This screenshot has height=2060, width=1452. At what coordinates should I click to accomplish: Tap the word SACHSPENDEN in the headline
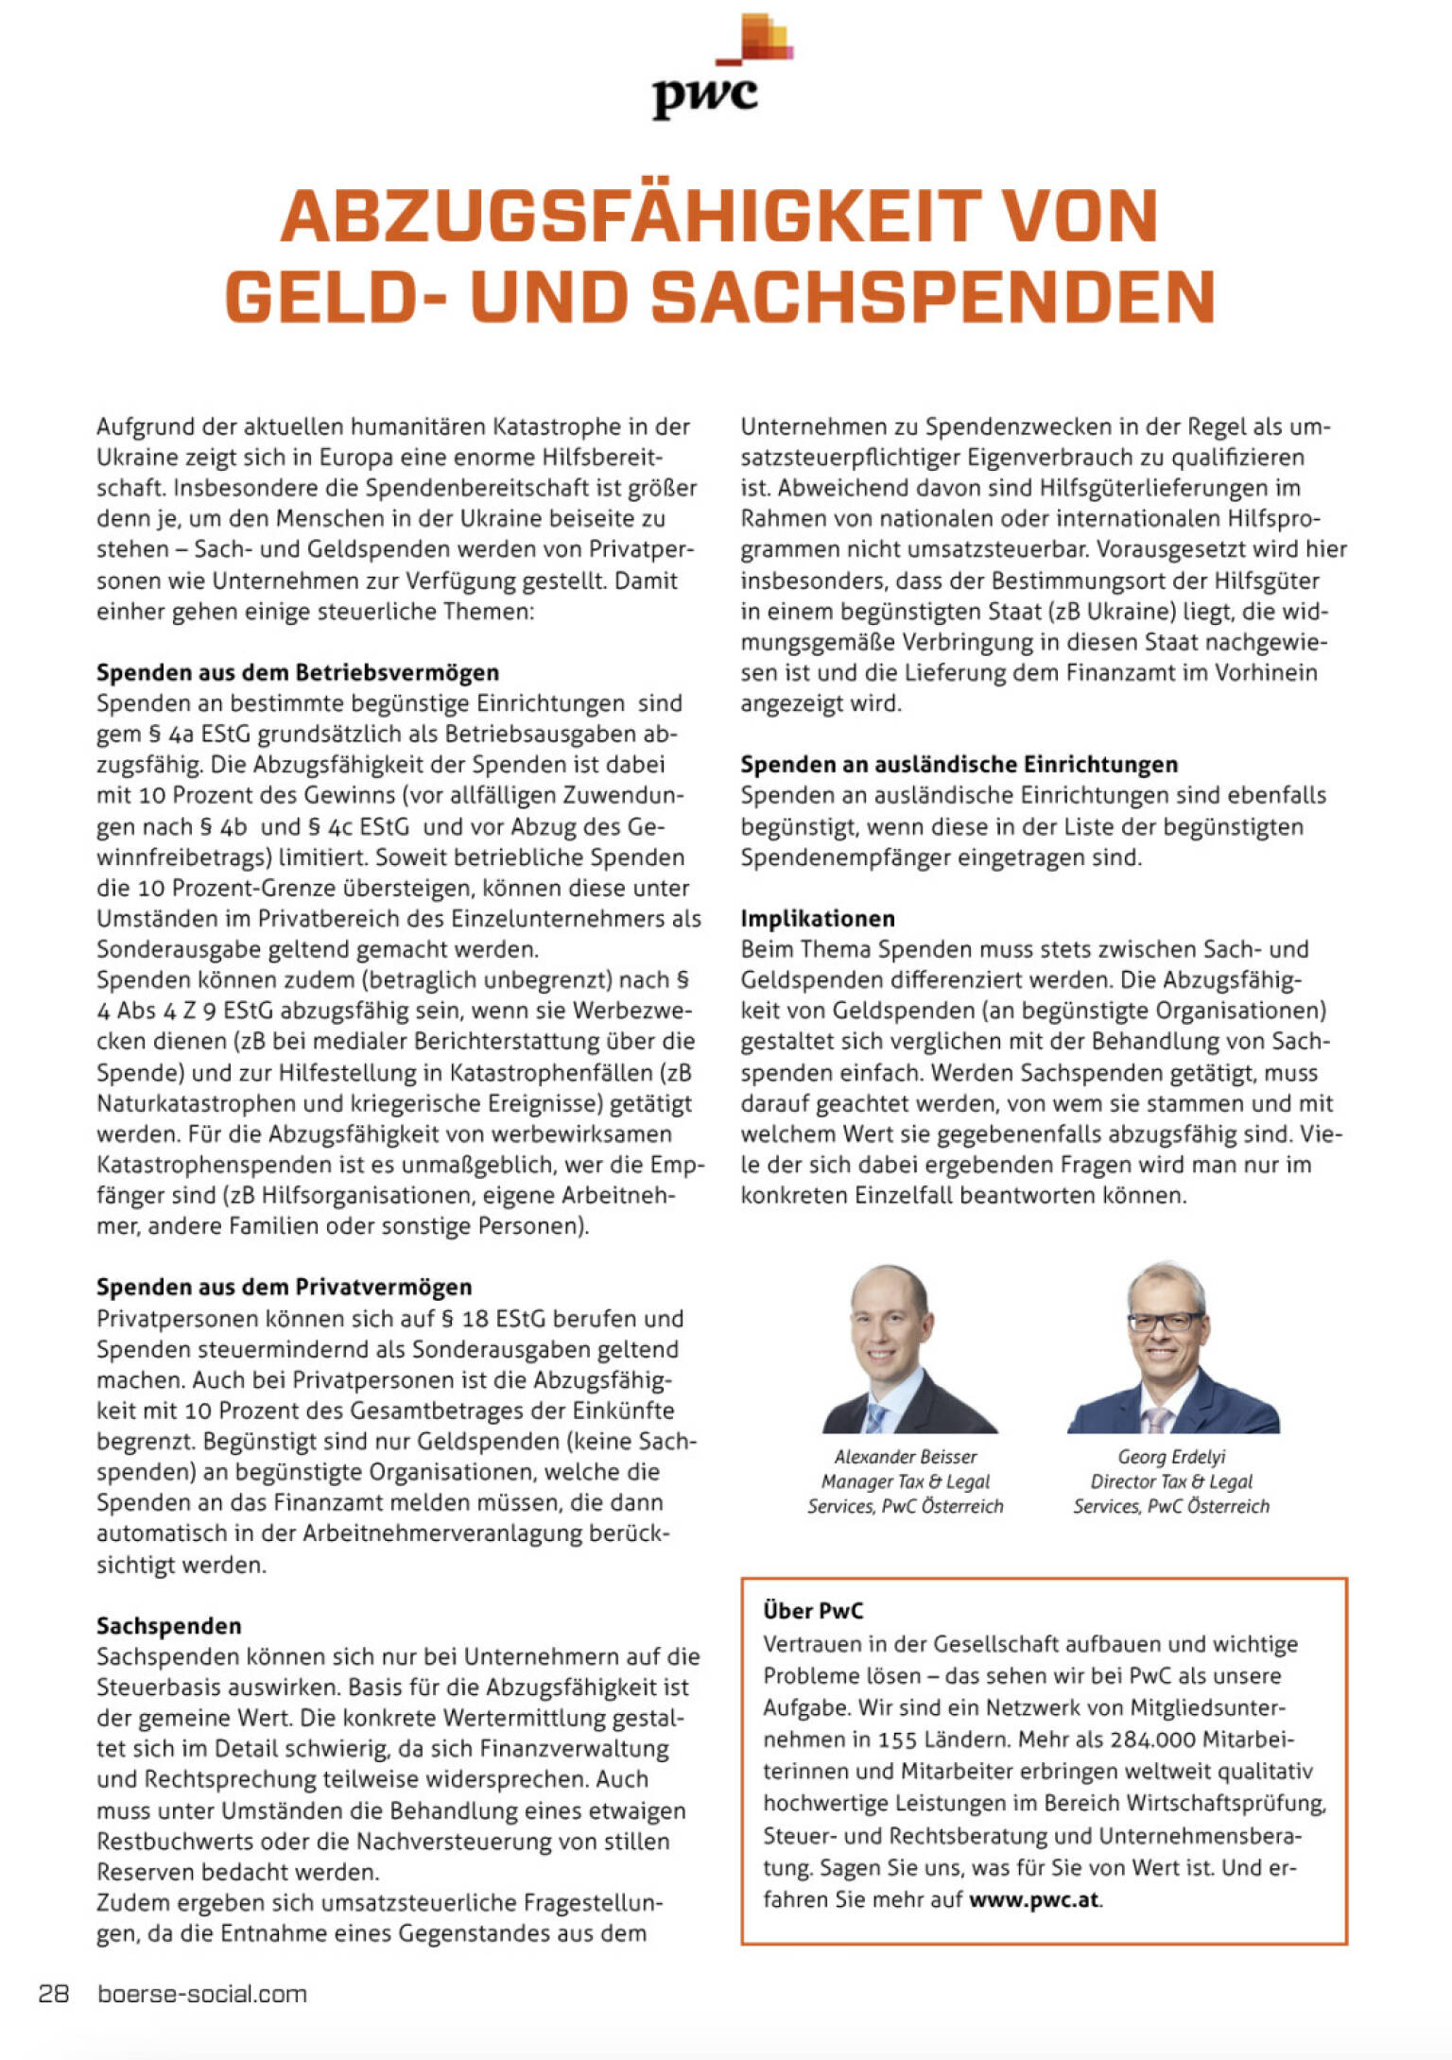coord(932,297)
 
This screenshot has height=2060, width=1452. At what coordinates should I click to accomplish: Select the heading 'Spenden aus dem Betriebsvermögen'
coord(298,672)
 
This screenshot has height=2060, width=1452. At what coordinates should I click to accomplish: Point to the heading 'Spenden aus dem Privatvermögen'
coord(285,1287)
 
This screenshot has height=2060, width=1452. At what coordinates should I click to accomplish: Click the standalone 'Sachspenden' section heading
coord(169,1625)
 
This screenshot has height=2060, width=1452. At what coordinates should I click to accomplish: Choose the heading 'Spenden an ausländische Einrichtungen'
coord(959,764)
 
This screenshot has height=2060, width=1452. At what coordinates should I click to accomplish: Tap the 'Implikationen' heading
coord(818,918)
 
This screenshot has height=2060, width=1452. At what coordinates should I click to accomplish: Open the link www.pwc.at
coord(1034,1899)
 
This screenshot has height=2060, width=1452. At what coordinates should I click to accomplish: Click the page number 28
coord(54,1994)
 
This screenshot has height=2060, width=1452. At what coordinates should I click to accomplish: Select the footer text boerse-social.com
coord(202,1994)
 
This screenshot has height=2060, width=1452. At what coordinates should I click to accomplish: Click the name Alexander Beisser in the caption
coord(906,1457)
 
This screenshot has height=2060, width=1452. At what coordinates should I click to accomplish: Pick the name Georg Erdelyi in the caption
coord(1171,1457)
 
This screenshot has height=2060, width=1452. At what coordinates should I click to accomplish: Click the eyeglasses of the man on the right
coord(1165,1322)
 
